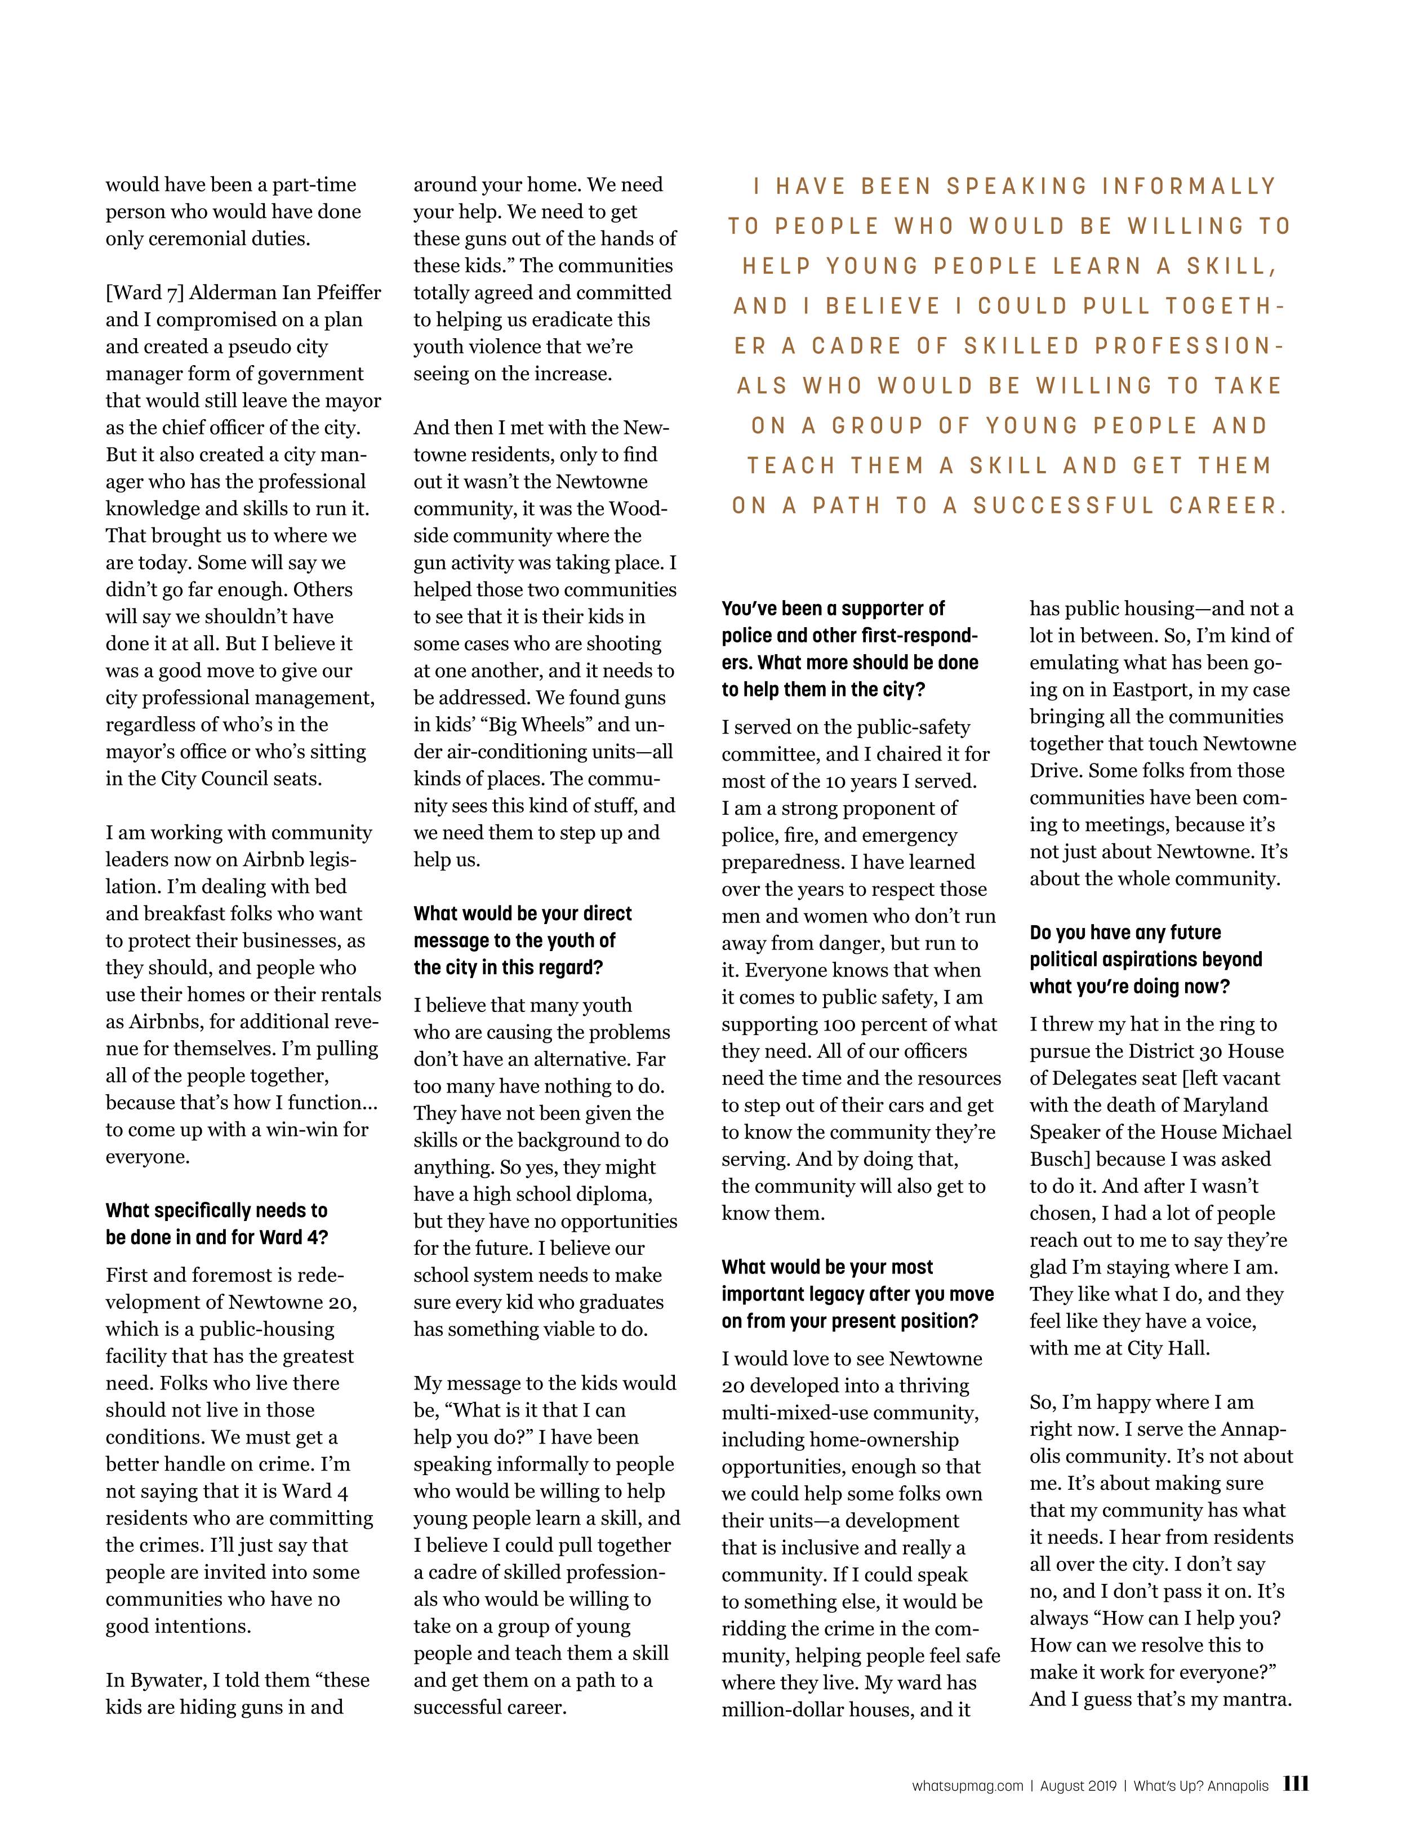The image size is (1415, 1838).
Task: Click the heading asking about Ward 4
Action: pyautogui.click(x=216, y=1224)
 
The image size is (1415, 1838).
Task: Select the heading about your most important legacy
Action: pyautogui.click(x=857, y=1294)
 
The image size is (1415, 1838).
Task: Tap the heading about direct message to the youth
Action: pyautogui.click(x=522, y=940)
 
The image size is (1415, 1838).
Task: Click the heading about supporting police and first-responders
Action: pyautogui.click(x=849, y=649)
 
